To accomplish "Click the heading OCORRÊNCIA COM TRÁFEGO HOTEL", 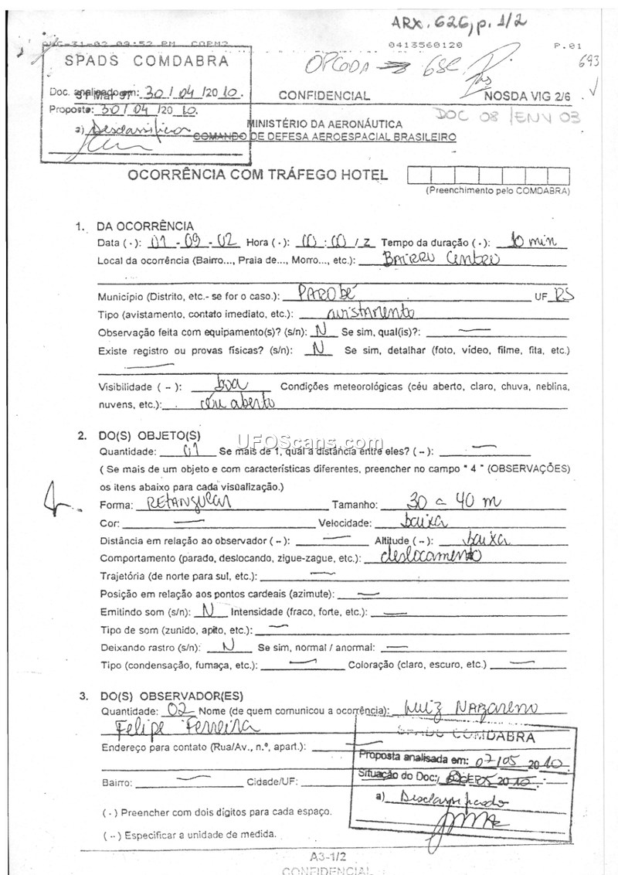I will pyautogui.click(x=258, y=175).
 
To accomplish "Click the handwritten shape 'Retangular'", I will pyautogui.click(x=183, y=504).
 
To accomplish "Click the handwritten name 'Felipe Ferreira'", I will pyautogui.click(x=184, y=728).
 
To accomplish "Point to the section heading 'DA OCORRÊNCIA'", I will pyautogui.click(x=144, y=226).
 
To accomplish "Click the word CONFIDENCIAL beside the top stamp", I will pyautogui.click(x=324, y=96).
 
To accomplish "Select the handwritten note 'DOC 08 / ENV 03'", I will pyautogui.click(x=507, y=117).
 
